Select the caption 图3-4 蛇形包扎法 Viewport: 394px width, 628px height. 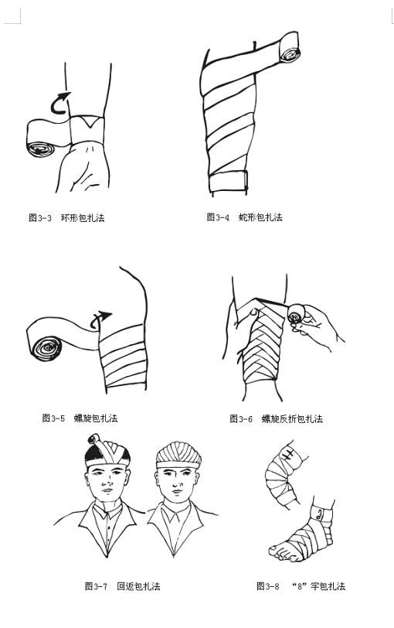pyautogui.click(x=244, y=217)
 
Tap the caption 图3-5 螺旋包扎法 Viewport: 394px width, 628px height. pyautogui.click(x=80, y=418)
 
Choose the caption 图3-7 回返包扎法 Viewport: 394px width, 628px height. pyautogui.click(x=122, y=586)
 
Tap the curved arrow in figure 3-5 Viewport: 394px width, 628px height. pyautogui.click(x=100, y=319)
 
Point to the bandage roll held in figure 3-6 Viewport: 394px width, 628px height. pyautogui.click(x=294, y=316)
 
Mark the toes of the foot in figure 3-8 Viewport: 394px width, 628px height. pyautogui.click(x=280, y=551)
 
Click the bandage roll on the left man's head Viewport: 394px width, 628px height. pyautogui.click(x=93, y=439)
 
